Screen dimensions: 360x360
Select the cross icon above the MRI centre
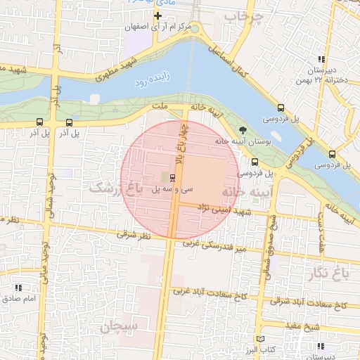click(x=157, y=15)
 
